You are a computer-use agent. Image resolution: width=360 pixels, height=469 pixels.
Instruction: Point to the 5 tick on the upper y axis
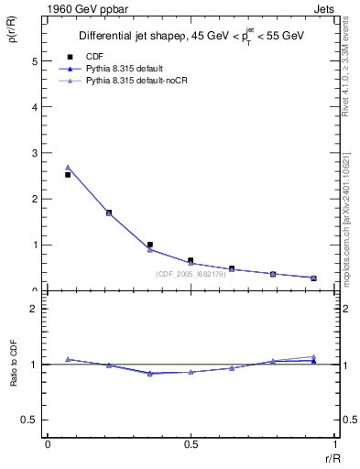pos(36,61)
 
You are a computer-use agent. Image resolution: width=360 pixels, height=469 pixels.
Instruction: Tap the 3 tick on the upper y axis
pos(36,153)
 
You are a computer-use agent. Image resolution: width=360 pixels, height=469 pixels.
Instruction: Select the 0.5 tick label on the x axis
pos(191,444)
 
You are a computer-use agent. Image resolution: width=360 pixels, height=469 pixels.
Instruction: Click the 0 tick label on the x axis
pos(48,444)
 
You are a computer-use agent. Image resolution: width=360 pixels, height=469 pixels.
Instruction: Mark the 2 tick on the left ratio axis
pos(36,309)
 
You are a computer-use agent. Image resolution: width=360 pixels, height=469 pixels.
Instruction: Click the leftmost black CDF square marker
pos(68,174)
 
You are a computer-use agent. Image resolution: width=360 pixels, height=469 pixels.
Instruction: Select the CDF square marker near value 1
pos(150,245)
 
